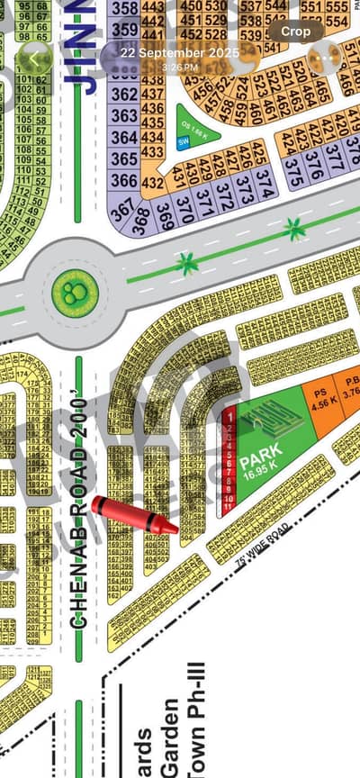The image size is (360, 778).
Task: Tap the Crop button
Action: pos(296,31)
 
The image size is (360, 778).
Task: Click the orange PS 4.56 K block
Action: pos(319,398)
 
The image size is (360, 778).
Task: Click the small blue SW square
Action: pos(183,141)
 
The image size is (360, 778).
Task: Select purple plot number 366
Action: pos(124,179)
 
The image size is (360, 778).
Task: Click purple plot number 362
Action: pos(124,94)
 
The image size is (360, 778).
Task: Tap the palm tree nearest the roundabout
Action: pos(187,263)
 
